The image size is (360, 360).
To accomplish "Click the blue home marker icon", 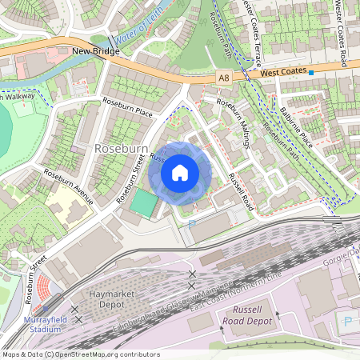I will pos(180,172).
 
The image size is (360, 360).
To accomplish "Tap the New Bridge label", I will pos(95,52).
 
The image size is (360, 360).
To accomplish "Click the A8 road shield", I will pos(226,77).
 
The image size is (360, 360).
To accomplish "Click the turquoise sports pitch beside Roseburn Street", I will pos(144,202).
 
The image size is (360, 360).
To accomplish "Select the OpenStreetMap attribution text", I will pos(80,354).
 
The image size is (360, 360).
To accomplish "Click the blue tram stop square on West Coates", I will pos(311,72).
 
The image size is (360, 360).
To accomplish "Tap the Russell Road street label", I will pos(240,192).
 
